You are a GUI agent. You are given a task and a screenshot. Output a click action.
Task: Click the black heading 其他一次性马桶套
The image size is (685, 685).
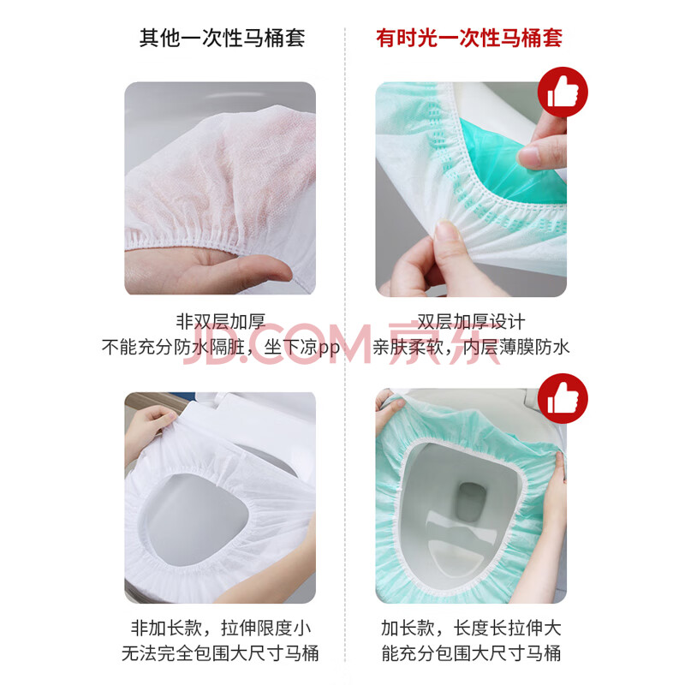[x=222, y=38]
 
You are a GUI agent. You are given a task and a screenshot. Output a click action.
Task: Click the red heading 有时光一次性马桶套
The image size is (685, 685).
[x=469, y=38]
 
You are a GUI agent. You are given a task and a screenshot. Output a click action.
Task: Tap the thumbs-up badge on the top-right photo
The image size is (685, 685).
[x=563, y=92]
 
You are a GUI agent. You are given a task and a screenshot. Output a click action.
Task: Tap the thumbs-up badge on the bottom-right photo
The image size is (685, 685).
[x=563, y=398]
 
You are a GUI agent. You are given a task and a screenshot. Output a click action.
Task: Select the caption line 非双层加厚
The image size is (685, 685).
[x=221, y=322]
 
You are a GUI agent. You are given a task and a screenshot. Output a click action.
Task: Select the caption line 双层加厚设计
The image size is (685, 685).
[x=471, y=322]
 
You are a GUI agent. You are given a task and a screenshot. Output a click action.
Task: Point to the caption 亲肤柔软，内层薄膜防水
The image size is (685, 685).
[x=471, y=348]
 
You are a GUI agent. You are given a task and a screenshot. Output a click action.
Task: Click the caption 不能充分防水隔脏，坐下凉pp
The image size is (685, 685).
[x=221, y=348]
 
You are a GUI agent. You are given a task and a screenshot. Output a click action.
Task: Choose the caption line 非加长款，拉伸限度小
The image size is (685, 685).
[x=221, y=628]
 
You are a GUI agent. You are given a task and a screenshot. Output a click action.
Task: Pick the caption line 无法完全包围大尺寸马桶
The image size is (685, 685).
[x=221, y=653]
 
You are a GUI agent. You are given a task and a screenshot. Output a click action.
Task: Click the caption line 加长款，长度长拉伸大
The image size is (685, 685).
[x=471, y=628]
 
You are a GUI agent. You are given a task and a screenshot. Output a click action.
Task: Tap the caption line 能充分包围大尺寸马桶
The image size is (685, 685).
[x=471, y=653]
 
